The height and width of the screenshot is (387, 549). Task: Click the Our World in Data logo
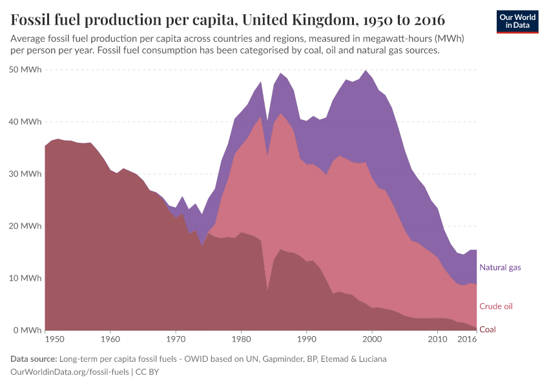[517, 21]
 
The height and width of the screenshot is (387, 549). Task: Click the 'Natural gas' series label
[500, 267]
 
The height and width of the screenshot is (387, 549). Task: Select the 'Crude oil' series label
[496, 306]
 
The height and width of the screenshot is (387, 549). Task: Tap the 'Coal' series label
[488, 329]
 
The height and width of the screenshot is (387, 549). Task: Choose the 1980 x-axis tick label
[241, 338]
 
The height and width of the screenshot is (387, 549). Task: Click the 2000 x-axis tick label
[372, 338]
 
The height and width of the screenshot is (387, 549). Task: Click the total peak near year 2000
[366, 70]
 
